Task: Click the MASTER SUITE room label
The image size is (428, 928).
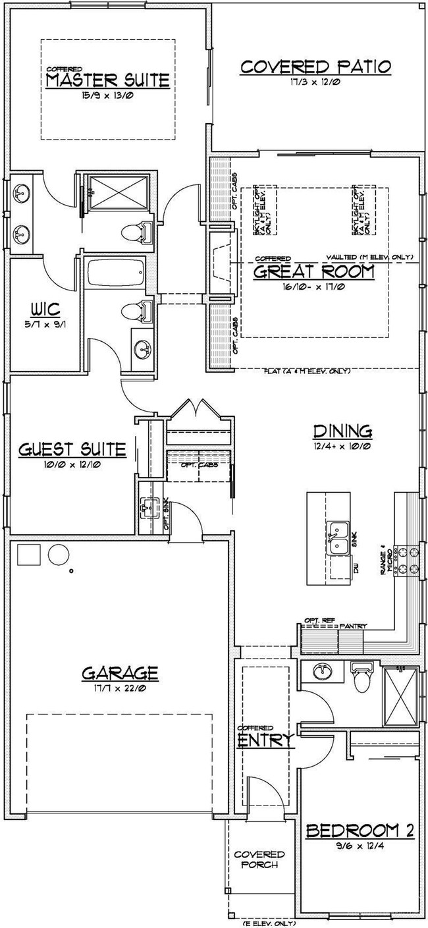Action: (x=108, y=81)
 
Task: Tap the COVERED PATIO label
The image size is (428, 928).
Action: (x=316, y=67)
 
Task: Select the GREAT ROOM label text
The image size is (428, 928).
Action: (x=314, y=271)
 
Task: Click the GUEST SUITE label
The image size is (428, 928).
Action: (x=72, y=450)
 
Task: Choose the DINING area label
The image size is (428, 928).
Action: (x=342, y=431)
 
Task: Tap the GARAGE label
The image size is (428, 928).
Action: (x=120, y=672)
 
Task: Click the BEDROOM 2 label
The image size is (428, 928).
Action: (x=360, y=831)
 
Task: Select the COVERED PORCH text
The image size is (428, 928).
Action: (x=259, y=859)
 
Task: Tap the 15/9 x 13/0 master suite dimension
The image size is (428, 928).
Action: (x=108, y=97)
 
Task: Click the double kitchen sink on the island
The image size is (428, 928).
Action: (x=340, y=536)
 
